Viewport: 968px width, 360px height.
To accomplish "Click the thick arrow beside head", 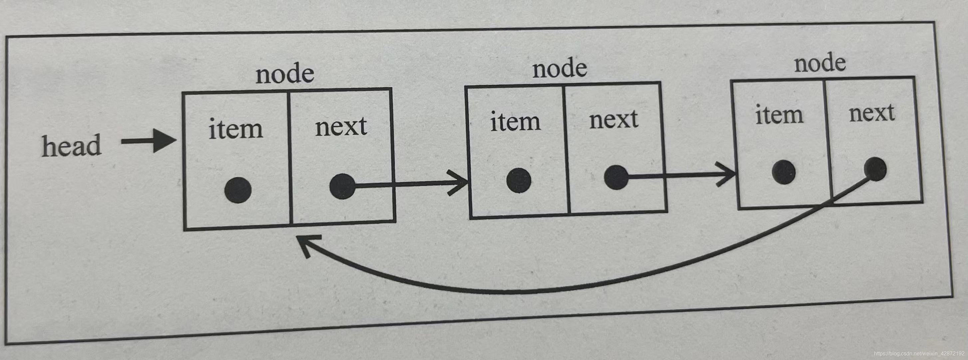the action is pyautogui.click(x=149, y=141).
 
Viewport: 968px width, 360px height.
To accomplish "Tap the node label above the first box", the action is pyautogui.click(x=285, y=74).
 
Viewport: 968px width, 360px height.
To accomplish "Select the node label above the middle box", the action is pyautogui.click(x=560, y=69).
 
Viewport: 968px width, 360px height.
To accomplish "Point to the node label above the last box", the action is pyautogui.click(x=820, y=63).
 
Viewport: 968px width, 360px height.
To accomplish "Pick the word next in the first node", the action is pyautogui.click(x=341, y=127).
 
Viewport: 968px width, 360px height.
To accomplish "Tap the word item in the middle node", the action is pyautogui.click(x=515, y=121).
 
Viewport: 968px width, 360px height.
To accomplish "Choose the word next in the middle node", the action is pyautogui.click(x=613, y=119).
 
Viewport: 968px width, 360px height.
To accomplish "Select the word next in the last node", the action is pyautogui.click(x=872, y=112).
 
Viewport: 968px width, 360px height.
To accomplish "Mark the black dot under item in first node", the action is pyautogui.click(x=238, y=190).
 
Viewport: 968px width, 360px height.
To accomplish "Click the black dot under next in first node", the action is pyautogui.click(x=342, y=186).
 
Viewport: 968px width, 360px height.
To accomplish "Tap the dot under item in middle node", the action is pyautogui.click(x=519, y=180).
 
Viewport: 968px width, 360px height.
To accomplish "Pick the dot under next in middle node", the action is pyautogui.click(x=615, y=177).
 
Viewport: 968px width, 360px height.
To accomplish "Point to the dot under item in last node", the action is pyautogui.click(x=784, y=172).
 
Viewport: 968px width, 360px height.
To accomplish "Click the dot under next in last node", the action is pyautogui.click(x=875, y=169).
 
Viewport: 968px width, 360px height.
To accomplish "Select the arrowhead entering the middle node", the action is pyautogui.click(x=460, y=183).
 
